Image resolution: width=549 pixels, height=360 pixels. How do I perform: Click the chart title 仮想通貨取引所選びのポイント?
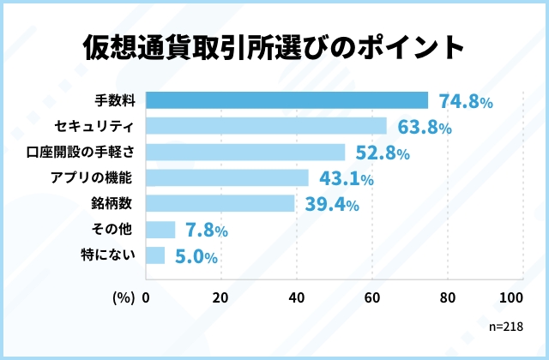[x=274, y=47]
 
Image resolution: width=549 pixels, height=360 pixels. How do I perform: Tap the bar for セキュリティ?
[x=266, y=127]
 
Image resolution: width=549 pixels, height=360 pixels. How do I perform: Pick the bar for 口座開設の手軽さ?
[x=245, y=153]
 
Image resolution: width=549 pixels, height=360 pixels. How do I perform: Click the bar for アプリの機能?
[x=227, y=178]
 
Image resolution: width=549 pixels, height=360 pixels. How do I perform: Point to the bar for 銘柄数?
[x=220, y=204]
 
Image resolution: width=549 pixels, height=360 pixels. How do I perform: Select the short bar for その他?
[x=161, y=230]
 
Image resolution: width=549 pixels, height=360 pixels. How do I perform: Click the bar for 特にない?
[x=156, y=255]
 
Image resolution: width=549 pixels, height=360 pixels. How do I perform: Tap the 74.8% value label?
[x=465, y=102]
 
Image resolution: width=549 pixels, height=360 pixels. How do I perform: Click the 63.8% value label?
[x=424, y=128]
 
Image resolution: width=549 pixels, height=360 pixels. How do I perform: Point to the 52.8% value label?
[x=383, y=153]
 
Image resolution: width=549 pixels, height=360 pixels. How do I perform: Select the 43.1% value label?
[x=346, y=179]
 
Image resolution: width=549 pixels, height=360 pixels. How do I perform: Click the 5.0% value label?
[x=196, y=256]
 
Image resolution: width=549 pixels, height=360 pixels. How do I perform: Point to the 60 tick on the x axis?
[x=372, y=298]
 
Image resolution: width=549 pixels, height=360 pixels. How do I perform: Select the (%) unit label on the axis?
[x=124, y=298]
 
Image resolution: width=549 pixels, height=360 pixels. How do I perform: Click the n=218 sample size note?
[x=505, y=327]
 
